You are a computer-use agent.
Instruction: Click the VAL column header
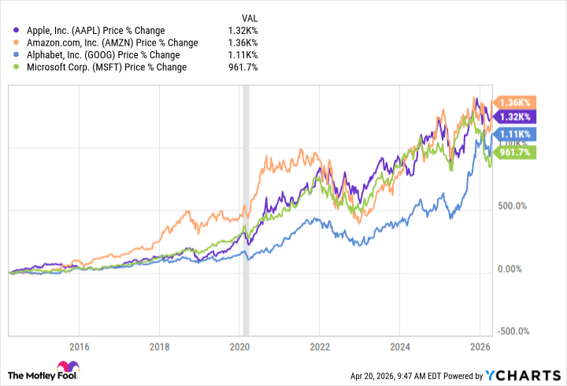click(x=248, y=17)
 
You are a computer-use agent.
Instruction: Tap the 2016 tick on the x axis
click(x=79, y=346)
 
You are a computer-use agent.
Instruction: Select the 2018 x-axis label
click(x=159, y=346)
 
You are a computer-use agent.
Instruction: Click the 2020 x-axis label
click(x=239, y=346)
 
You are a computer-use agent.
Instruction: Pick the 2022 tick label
click(x=320, y=346)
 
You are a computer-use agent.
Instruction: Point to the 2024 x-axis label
click(x=400, y=346)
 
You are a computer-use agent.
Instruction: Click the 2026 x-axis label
click(x=480, y=346)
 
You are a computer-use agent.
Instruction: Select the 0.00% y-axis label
click(x=516, y=269)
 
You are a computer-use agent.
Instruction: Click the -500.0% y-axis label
click(x=513, y=332)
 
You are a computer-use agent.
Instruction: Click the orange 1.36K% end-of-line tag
click(x=514, y=102)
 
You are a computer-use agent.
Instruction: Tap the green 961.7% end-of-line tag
click(x=516, y=153)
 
